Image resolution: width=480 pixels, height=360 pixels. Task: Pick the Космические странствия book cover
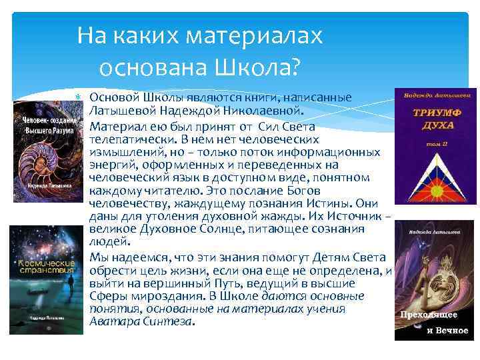click(46, 277)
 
